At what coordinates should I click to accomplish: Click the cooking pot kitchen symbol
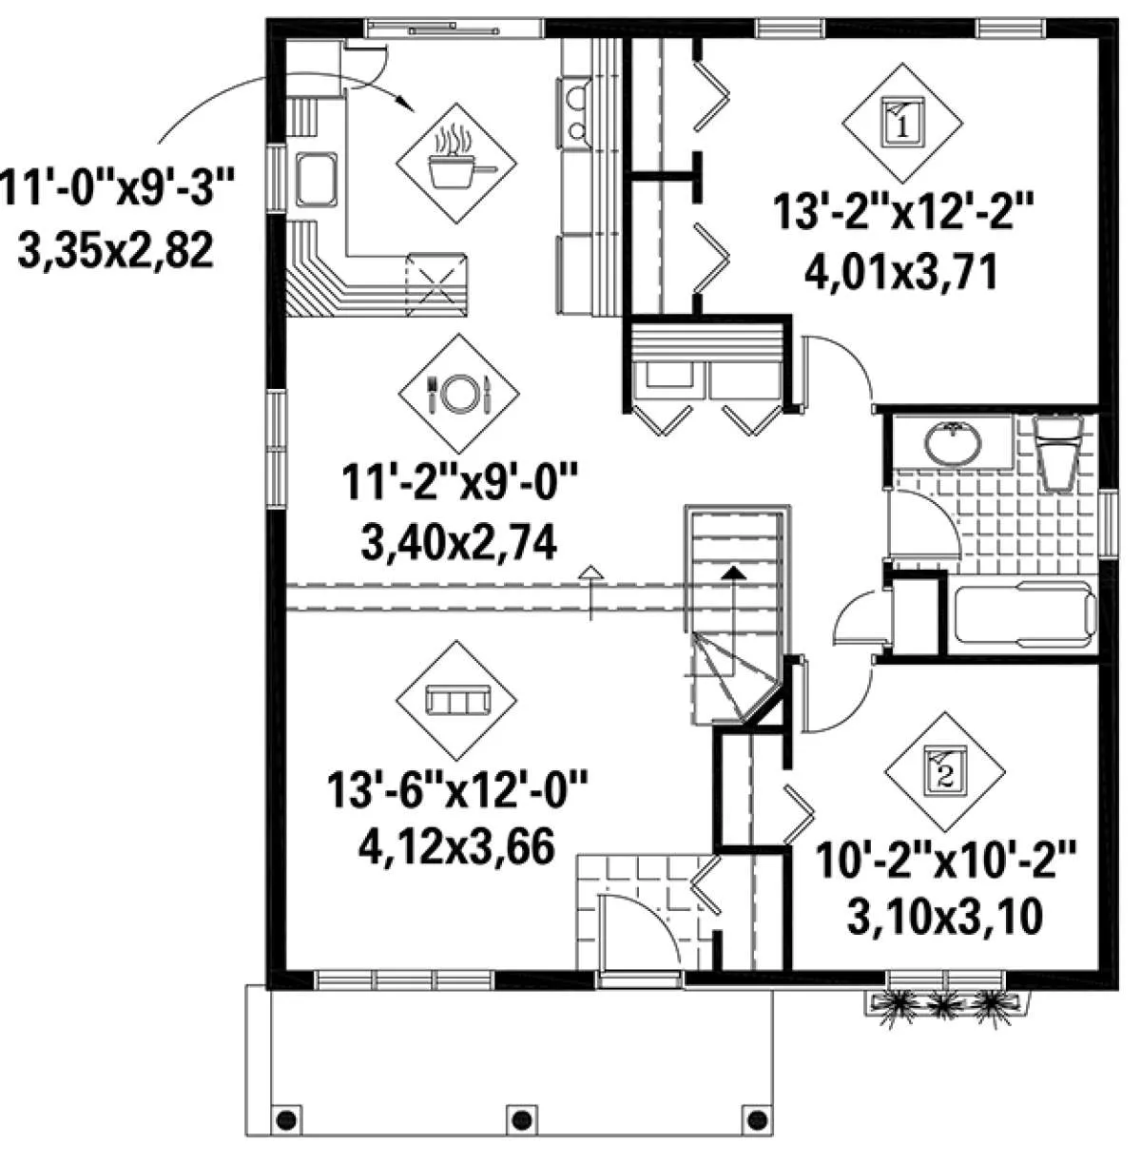click(456, 163)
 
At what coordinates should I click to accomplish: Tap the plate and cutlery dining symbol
click(459, 394)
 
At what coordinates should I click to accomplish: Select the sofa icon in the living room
click(457, 700)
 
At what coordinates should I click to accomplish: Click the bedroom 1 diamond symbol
click(902, 123)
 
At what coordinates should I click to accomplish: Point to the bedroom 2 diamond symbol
click(945, 772)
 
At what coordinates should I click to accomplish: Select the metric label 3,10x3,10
click(945, 917)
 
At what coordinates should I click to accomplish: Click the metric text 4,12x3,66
click(457, 846)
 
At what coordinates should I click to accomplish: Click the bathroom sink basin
click(953, 443)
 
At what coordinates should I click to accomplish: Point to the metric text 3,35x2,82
click(116, 251)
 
